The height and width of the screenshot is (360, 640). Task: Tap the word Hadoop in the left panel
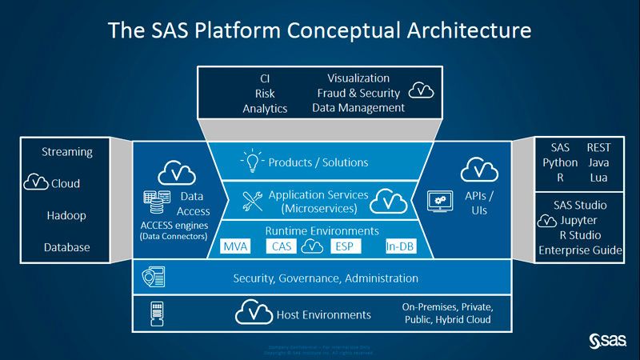(66, 216)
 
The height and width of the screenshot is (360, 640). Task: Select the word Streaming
(67, 151)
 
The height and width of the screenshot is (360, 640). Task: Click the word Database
(67, 247)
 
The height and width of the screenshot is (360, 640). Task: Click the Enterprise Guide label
(580, 250)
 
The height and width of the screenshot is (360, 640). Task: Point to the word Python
(560, 162)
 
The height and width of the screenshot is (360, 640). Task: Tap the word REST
(598, 148)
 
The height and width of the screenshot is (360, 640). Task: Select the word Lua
(598, 177)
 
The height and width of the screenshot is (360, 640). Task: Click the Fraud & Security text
(358, 93)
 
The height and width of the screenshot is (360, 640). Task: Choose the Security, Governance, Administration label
(326, 278)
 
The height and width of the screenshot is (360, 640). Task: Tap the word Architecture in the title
(455, 31)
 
